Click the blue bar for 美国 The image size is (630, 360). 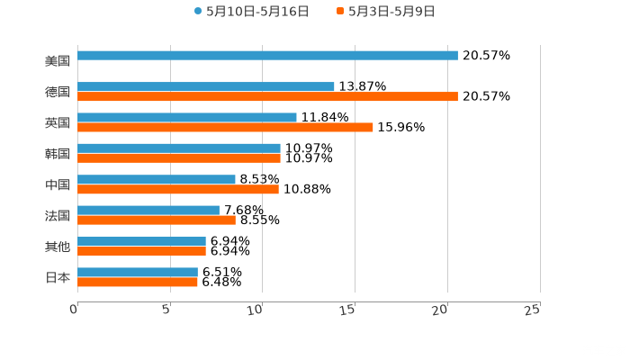pos(267,56)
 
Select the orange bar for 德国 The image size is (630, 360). pos(267,97)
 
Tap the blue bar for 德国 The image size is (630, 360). pos(206,87)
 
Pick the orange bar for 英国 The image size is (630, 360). pos(225,128)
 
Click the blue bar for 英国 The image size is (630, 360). pos(187,118)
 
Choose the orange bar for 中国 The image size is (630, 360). pos(178,190)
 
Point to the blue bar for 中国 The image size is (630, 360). pos(157,180)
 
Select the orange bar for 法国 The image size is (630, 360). pos(157,220)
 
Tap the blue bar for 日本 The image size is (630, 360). pos(138,272)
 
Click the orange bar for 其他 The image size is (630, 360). pos(141,251)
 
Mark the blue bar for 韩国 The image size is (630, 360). pos(179,148)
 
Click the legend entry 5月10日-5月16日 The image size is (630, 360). pos(251,12)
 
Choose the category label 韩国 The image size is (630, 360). pos(58,154)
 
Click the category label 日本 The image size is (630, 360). pos(58,278)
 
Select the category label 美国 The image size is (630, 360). pos(58,61)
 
